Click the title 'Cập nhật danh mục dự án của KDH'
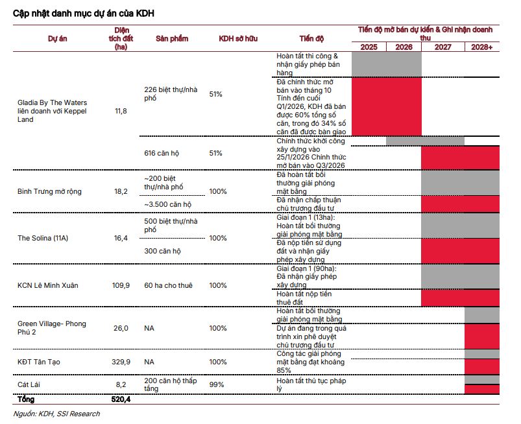tap(84, 13)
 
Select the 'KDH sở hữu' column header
tap(238, 38)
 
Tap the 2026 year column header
tap(404, 47)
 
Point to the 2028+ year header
tap(482, 47)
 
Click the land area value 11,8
tap(121, 111)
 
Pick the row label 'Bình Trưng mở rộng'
tap(49, 192)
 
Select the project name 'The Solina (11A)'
tap(43, 238)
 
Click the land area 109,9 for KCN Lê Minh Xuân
tap(121, 285)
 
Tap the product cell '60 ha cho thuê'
tap(168, 285)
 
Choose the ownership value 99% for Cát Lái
tap(216, 384)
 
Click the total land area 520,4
tap(121, 399)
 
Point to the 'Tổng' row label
tap(26, 399)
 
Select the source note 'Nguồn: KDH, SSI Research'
tap(56, 414)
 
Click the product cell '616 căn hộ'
tap(162, 153)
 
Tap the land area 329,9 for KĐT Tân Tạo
tap(121, 362)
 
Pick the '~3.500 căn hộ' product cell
tap(168, 204)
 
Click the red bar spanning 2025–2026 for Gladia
tap(387, 106)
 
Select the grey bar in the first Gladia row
tap(387, 64)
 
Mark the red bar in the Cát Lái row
tap(482, 389)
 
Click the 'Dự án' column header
tap(58, 38)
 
